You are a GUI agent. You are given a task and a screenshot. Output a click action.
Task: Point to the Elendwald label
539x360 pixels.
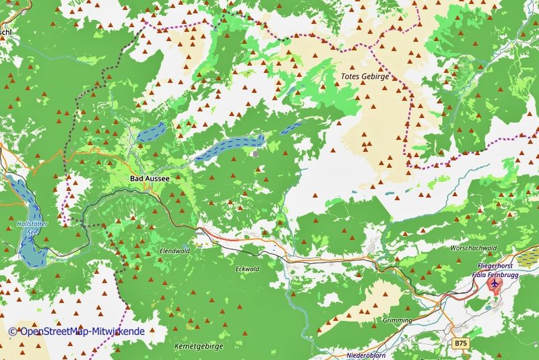pos(175,251)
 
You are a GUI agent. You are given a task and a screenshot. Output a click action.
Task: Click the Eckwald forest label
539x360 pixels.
pos(247,269)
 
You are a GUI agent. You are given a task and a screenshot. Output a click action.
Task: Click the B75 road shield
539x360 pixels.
pos(460,343)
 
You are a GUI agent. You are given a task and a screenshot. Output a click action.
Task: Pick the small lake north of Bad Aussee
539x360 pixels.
pos(148,132)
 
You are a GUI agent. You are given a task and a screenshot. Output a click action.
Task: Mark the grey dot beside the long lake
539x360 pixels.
pos(255,154)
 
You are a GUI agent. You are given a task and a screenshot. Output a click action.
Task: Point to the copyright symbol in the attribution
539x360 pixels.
pos(13,332)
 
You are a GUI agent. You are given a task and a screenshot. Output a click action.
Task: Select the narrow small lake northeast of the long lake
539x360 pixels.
pos(291,128)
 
